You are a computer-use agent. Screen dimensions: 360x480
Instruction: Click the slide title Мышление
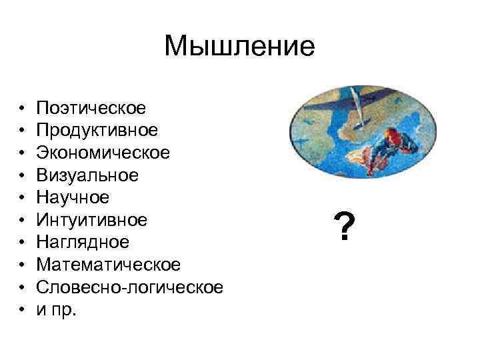[x=239, y=47]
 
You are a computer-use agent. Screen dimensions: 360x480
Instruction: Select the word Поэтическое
[x=91, y=107]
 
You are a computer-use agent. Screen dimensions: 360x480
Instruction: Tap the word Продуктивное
[x=97, y=130]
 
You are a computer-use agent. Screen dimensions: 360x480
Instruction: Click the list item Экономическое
[x=103, y=153]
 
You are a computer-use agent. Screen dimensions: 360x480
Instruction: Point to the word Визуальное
[x=88, y=175]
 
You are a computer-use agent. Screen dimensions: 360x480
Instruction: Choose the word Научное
[x=73, y=197]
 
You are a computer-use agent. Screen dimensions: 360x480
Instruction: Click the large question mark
[x=343, y=228]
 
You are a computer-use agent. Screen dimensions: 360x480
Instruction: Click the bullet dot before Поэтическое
[x=22, y=108]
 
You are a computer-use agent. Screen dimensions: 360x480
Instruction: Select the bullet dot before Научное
[x=22, y=198]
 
